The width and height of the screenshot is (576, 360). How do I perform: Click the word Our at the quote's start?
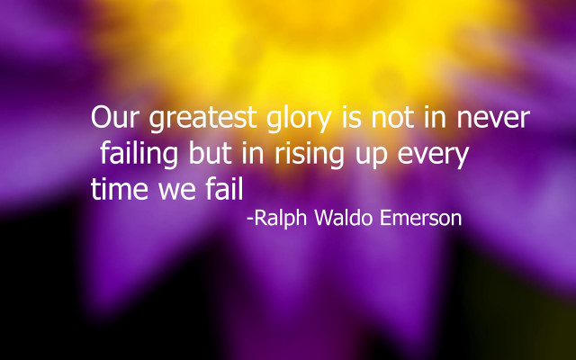(115, 118)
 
